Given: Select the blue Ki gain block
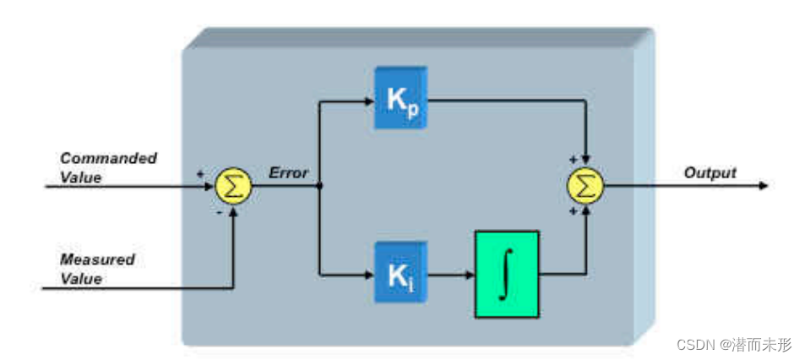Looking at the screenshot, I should (401, 273).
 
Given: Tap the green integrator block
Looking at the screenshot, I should (506, 274).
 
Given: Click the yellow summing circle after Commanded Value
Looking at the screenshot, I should (234, 185).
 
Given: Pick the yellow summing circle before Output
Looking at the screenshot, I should (585, 185).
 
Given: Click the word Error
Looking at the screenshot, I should (288, 173).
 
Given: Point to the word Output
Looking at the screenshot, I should (710, 172).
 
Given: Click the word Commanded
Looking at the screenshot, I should (108, 158).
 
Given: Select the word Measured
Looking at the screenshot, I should (97, 259).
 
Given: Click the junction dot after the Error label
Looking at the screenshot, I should (319, 185).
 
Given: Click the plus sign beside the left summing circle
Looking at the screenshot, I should (201, 173).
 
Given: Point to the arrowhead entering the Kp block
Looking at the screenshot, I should (368, 101).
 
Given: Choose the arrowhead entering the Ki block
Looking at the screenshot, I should (368, 274).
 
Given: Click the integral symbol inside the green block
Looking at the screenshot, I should (506, 274).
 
